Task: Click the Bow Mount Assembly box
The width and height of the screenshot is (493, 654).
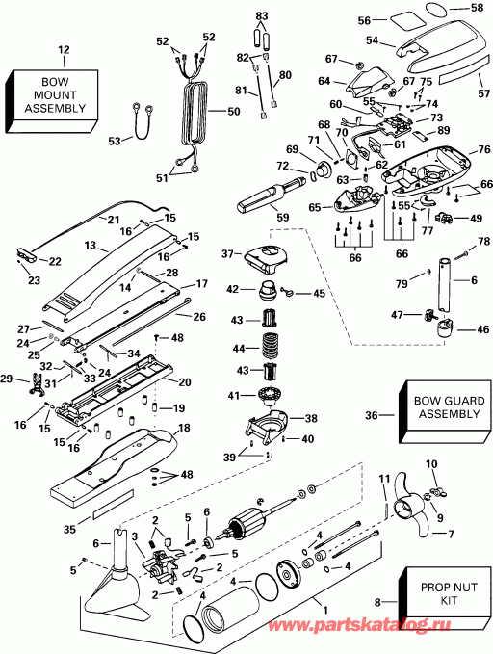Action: [x=53, y=100]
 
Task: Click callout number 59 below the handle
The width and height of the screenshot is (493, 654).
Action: [x=283, y=217]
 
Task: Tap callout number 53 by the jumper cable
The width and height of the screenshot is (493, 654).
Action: [x=115, y=141]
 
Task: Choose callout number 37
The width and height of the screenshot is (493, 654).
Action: [x=228, y=253]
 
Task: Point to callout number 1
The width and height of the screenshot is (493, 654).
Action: [x=325, y=610]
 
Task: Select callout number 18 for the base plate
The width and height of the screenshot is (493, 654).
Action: [x=184, y=428]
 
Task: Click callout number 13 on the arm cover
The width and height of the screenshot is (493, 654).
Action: [x=90, y=246]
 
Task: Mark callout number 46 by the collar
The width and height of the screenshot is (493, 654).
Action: [x=482, y=329]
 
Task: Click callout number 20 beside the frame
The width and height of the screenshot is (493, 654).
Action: [x=185, y=382]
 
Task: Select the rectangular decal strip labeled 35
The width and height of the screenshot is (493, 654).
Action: [x=114, y=505]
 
